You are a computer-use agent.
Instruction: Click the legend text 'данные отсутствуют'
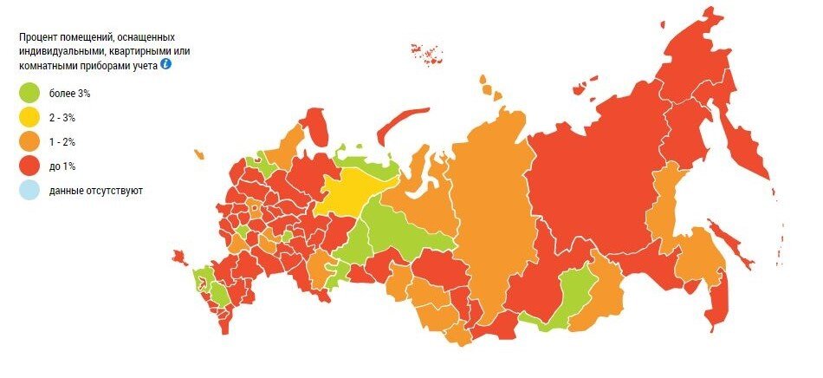[x=96, y=189]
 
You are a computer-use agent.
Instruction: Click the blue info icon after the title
[x=165, y=64]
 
